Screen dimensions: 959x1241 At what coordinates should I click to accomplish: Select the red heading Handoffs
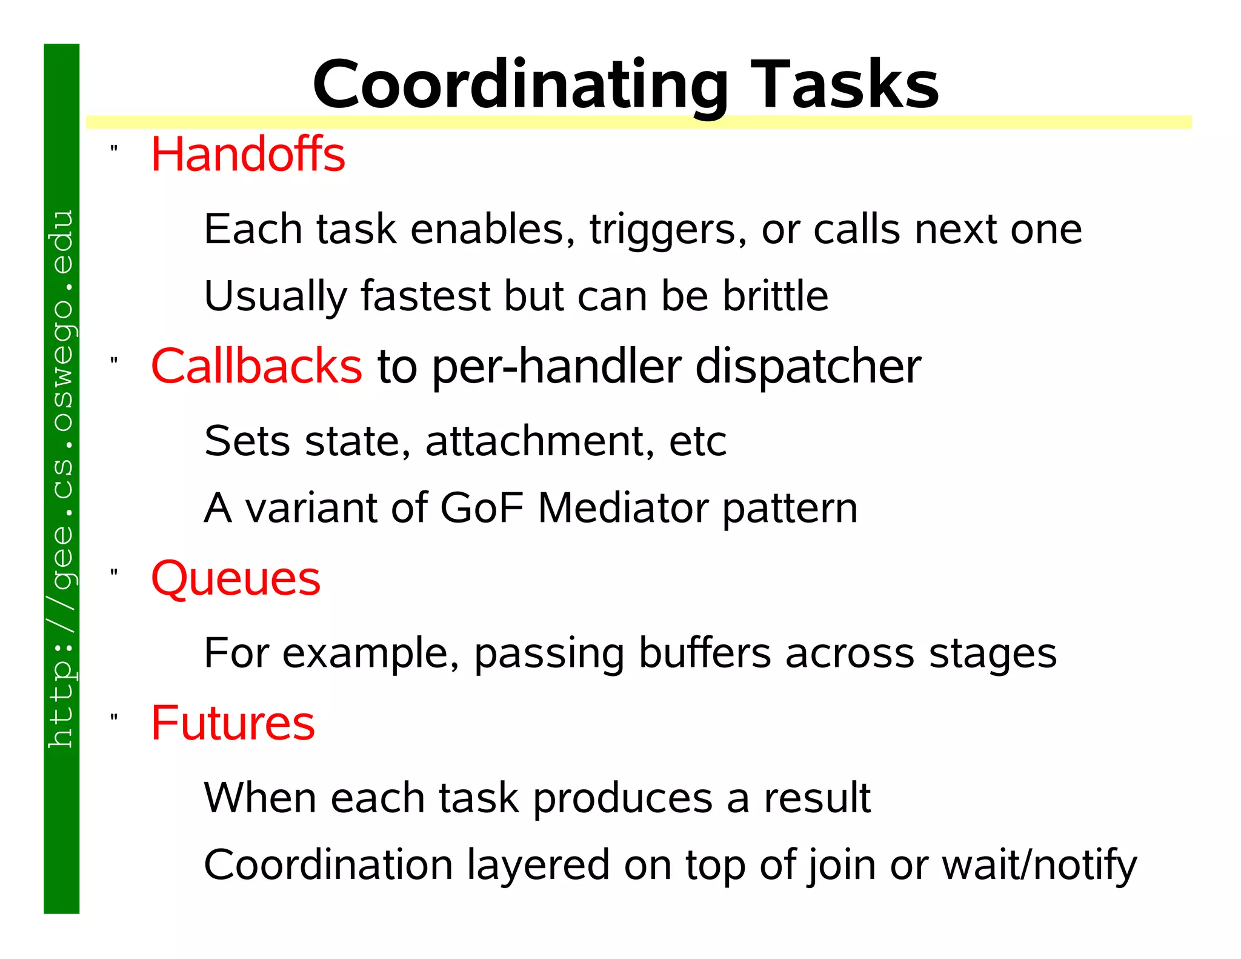tap(248, 155)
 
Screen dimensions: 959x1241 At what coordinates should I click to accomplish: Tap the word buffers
tap(705, 653)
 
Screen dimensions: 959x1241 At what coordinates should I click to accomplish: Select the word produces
tap(622, 798)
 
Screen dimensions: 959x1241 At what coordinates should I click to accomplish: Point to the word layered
tap(537, 865)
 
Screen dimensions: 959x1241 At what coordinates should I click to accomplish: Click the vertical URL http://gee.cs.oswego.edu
tap(61, 479)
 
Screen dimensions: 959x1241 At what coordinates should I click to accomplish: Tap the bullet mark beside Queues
tap(114, 572)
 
